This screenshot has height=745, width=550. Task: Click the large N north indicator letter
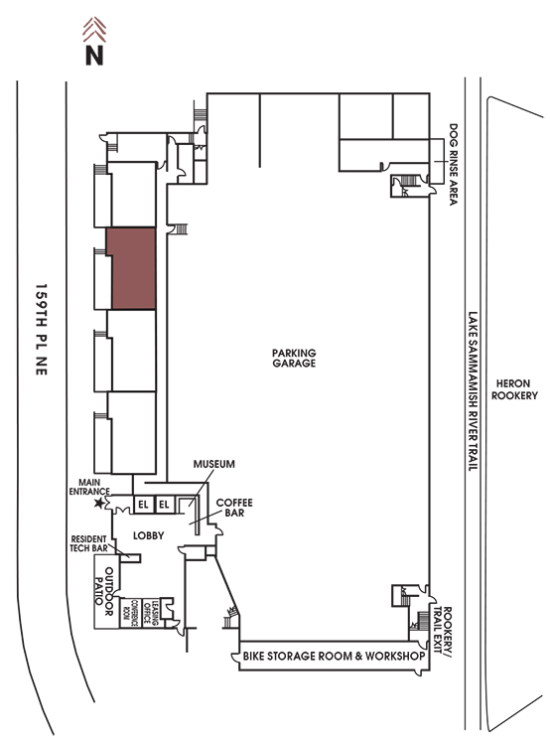click(x=94, y=55)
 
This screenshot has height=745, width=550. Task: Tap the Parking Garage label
click(x=294, y=358)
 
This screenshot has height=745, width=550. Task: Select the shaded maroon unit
click(x=131, y=268)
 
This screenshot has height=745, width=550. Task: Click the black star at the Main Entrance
click(x=99, y=503)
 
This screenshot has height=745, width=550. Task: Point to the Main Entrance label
click(x=89, y=487)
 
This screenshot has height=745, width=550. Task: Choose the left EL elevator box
click(x=143, y=504)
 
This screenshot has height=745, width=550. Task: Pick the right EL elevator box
click(x=165, y=504)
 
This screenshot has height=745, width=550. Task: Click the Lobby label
click(x=149, y=535)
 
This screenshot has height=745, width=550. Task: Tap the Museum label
click(x=213, y=464)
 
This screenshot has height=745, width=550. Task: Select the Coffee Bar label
click(x=234, y=508)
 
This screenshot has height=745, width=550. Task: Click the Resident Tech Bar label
click(x=89, y=543)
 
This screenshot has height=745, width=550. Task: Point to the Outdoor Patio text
click(x=104, y=591)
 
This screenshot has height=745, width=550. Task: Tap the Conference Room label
click(x=131, y=613)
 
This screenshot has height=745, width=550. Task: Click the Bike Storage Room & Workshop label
click(x=334, y=657)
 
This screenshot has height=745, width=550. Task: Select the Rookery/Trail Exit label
click(x=443, y=632)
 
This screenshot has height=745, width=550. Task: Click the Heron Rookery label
click(x=514, y=389)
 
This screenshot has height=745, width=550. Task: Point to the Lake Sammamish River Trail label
click(x=473, y=391)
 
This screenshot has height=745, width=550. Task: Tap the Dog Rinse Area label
click(x=453, y=164)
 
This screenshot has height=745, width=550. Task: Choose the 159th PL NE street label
click(x=42, y=330)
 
